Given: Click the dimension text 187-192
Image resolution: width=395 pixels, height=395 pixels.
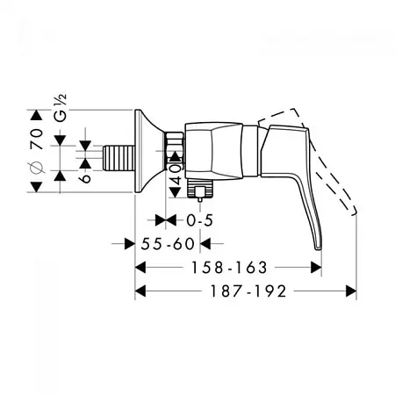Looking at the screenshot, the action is click(248, 291).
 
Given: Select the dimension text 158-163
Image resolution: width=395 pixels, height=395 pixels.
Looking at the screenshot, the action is click(229, 268).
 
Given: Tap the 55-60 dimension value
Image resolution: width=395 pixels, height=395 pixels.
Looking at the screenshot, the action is click(168, 244).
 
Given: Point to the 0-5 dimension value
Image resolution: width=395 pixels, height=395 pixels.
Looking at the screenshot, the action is click(199, 220).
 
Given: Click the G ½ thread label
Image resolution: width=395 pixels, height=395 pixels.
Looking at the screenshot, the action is click(61, 108).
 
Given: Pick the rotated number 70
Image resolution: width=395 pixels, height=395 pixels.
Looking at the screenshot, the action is click(37, 139).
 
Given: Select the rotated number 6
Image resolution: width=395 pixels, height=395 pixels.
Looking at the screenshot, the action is click(85, 178).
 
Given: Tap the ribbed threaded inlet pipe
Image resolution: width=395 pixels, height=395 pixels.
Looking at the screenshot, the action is click(118, 158).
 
